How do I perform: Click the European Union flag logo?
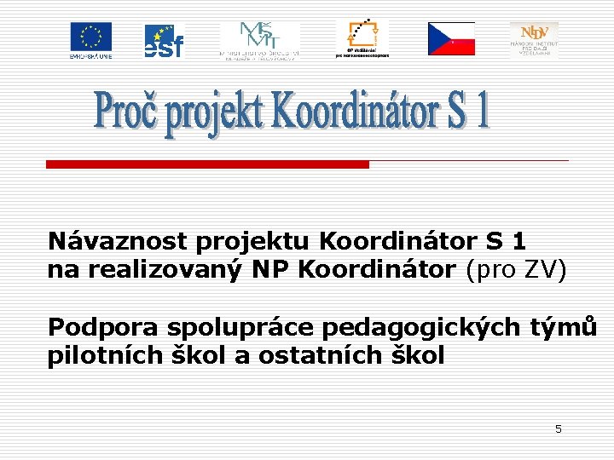[90, 39]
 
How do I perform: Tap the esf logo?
[163, 40]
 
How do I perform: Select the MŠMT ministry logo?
[259, 40]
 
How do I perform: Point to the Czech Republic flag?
[451, 38]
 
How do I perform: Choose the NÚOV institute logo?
[534, 39]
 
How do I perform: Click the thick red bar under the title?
[207, 164]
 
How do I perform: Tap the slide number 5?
[559, 429]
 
